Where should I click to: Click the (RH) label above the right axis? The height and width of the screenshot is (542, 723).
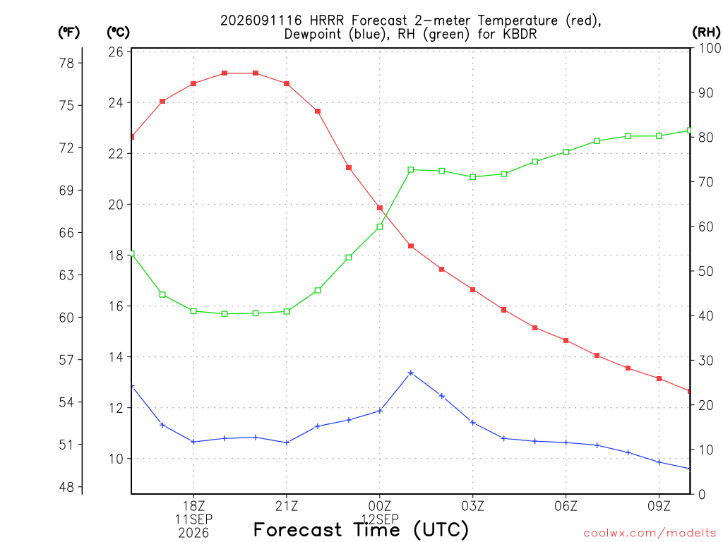(706, 32)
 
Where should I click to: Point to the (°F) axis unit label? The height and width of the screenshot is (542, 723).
(68, 32)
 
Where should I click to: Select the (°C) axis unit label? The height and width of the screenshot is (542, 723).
(118, 32)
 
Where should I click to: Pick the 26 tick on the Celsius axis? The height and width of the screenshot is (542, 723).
(116, 52)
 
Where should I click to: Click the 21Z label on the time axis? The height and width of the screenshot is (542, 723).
(287, 506)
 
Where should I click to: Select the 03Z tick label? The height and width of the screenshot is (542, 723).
(472, 506)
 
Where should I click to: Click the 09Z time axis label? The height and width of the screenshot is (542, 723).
(659, 506)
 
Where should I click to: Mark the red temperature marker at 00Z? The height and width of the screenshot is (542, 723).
(380, 208)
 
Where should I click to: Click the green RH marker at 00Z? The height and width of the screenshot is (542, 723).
(380, 227)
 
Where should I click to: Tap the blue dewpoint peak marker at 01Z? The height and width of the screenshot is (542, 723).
(411, 373)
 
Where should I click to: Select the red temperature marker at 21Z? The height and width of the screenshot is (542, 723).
(287, 83)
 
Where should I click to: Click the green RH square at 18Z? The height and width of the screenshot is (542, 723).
(193, 311)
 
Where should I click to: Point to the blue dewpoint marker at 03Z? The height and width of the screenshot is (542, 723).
(472, 422)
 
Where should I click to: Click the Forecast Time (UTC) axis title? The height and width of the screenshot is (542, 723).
(361, 529)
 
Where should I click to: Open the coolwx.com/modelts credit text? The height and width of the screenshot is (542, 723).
(650, 534)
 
